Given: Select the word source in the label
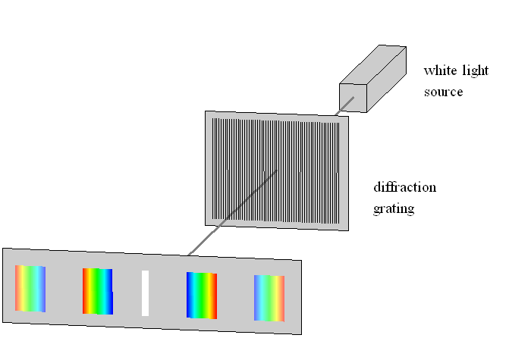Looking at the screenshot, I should click(x=443, y=92).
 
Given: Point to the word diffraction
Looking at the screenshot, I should click(x=404, y=187).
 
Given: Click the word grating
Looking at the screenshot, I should click(x=394, y=208).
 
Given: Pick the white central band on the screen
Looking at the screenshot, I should click(x=145, y=293).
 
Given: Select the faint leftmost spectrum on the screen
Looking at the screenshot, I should click(x=30, y=287).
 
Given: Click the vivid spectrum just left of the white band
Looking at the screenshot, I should click(x=98, y=291).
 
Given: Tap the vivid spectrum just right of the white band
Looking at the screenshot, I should click(x=201, y=296).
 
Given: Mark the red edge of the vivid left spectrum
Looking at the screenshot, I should click(x=86, y=290).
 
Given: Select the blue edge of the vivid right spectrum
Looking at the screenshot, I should click(x=190, y=295).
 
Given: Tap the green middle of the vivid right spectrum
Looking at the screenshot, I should click(x=202, y=296).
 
